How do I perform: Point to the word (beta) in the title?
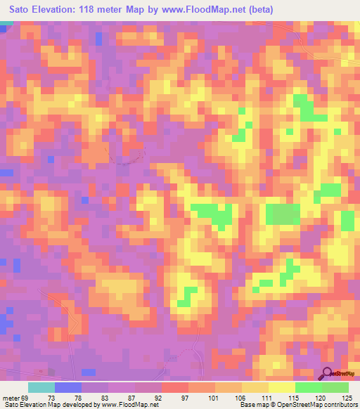coord(259,10)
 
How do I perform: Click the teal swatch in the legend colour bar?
coord(41,388)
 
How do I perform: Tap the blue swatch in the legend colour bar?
coord(68,388)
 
